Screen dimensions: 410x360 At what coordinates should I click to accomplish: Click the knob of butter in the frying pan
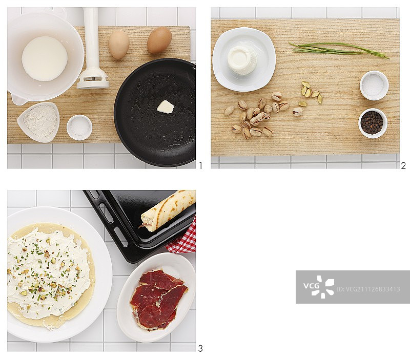coord(165,107)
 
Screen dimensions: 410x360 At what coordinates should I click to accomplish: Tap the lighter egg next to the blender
coord(119,44)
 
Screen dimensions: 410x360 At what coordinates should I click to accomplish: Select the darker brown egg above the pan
coord(159,40)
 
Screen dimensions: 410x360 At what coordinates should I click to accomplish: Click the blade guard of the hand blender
coord(93,80)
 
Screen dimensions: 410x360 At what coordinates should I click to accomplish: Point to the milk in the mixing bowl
coord(45,58)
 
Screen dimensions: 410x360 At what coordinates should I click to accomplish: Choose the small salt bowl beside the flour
coord(79,128)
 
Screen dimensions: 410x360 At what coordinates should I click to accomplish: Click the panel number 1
coord(200,165)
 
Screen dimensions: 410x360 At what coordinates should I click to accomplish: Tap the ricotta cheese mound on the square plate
coord(242,60)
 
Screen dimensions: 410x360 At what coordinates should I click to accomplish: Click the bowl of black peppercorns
coord(373,123)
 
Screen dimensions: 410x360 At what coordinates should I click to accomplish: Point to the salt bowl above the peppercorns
coord(374,85)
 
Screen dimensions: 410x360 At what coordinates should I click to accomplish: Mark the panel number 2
coord(403,165)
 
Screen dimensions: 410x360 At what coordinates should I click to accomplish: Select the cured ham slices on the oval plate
coord(158,298)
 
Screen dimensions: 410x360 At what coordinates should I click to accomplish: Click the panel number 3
coord(200,348)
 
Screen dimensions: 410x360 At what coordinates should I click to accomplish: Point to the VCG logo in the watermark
coord(318,287)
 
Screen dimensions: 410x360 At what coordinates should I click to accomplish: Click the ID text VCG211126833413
coord(368,289)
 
